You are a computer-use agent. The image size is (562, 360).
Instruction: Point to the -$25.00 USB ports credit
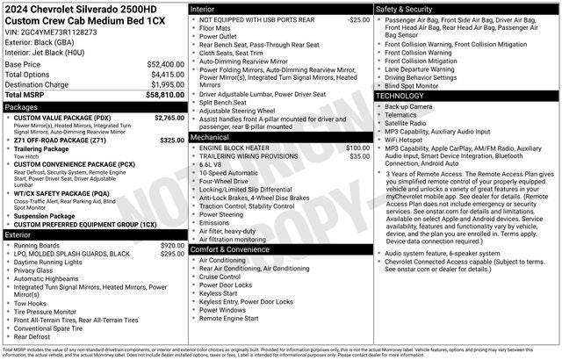click(x=358, y=18)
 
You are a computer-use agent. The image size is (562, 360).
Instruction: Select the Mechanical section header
click(x=211, y=138)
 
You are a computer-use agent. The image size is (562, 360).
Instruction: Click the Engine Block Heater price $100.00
click(x=357, y=148)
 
